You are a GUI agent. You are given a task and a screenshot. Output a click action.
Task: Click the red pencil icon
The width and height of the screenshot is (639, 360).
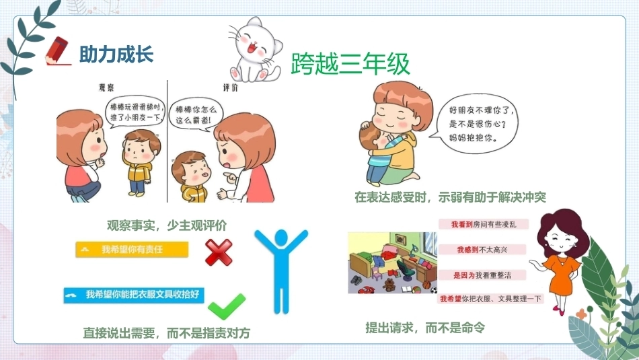(57, 51)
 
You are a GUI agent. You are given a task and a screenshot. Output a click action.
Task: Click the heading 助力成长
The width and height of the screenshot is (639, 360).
(116, 55)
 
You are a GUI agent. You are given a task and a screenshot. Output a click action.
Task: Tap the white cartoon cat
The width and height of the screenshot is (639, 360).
(255, 50)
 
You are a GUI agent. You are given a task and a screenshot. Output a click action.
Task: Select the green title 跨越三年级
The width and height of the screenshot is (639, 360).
(350, 64)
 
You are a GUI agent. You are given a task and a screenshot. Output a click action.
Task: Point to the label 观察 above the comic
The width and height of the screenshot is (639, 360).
(106, 87)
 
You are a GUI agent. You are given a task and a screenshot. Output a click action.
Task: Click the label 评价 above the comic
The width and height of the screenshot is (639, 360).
(231, 87)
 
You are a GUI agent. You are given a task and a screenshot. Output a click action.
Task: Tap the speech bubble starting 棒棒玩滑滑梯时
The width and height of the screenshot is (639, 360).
(136, 112)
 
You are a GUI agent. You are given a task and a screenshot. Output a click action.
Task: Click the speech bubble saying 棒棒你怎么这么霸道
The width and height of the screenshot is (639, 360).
(196, 114)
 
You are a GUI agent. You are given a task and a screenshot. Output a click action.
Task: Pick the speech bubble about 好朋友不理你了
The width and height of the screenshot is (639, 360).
(475, 124)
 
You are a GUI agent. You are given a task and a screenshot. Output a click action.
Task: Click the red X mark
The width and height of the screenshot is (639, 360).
(219, 252)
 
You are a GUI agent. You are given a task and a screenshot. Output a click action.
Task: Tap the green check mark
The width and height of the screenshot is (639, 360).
(227, 306)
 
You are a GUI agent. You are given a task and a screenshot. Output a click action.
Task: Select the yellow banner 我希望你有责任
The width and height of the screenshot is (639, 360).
(132, 250)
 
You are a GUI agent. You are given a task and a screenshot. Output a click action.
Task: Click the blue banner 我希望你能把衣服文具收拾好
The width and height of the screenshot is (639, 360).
(134, 295)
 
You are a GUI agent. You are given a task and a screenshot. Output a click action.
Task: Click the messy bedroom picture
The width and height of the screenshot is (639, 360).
(392, 262)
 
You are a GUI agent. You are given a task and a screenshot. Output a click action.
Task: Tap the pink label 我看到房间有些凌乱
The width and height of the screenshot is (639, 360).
(484, 224)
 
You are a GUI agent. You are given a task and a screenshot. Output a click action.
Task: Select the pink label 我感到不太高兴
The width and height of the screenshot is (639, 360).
(482, 250)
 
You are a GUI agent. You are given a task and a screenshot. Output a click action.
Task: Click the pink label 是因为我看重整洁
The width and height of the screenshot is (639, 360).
(482, 275)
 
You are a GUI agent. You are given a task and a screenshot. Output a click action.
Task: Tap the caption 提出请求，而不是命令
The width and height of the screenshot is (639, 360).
(425, 328)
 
